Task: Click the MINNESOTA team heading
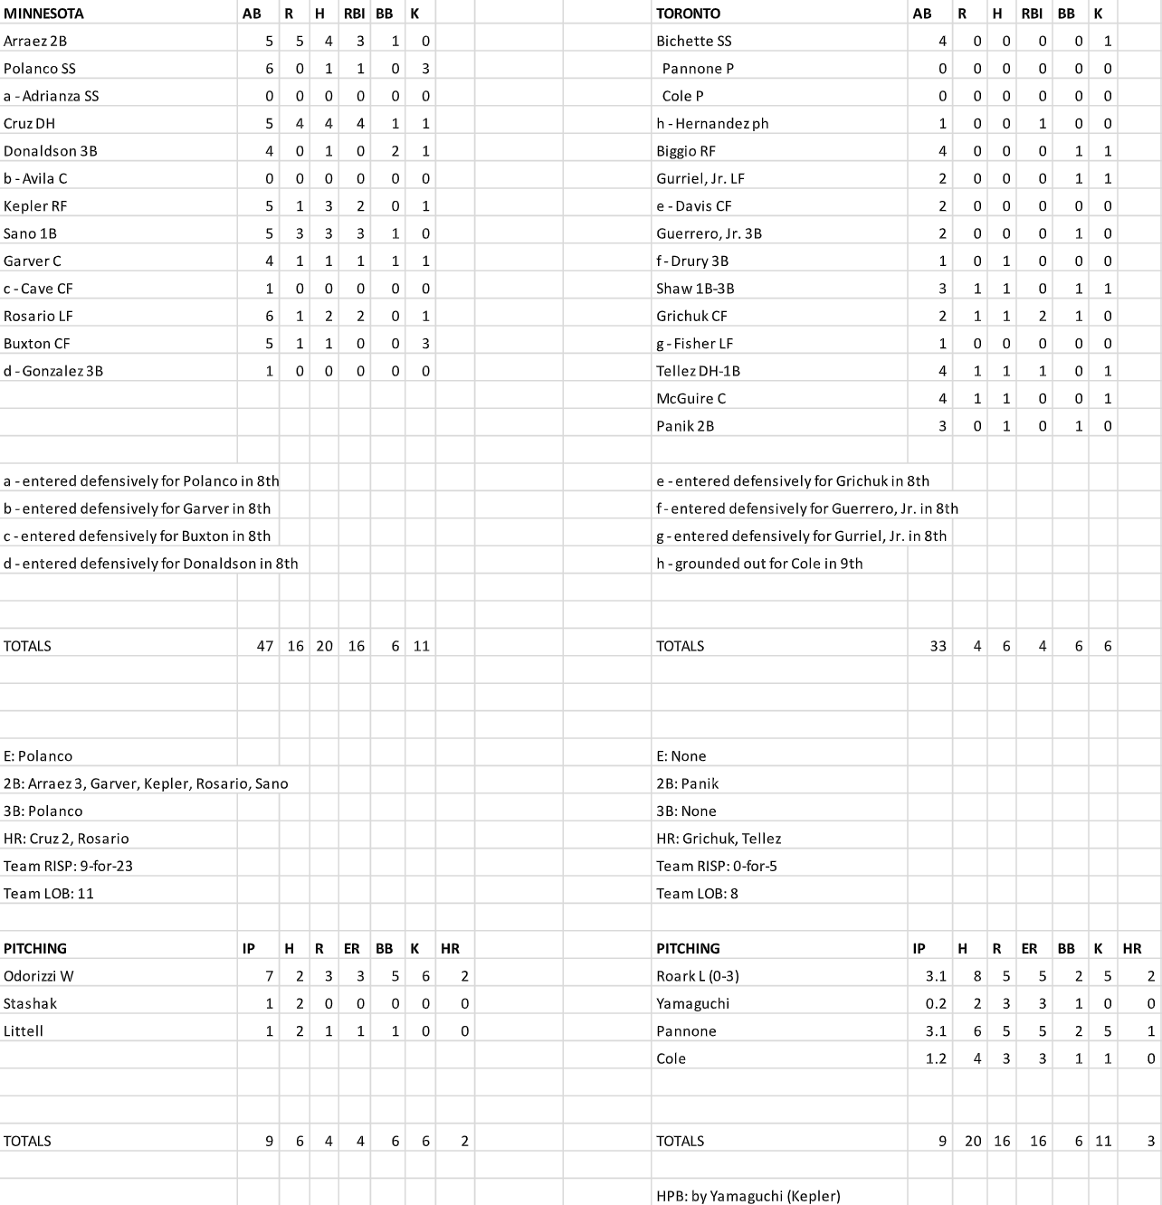[43, 14]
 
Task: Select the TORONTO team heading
[688, 14]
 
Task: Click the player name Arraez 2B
[35, 42]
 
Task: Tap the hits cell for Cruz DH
[328, 124]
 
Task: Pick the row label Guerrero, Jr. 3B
[709, 233]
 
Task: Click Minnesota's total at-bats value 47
[264, 646]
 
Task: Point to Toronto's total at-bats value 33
[938, 646]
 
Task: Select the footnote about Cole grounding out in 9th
[759, 564]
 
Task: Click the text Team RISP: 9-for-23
[68, 866]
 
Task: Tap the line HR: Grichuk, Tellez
[719, 839]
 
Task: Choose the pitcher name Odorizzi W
[38, 976]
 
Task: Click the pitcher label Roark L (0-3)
[698, 976]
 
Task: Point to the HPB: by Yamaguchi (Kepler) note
[748, 1196]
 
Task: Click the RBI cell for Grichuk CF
[1042, 316]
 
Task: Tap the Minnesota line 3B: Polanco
[43, 811]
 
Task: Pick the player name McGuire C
[691, 398]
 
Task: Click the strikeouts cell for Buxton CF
[425, 344]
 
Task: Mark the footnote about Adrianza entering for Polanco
[141, 481]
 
